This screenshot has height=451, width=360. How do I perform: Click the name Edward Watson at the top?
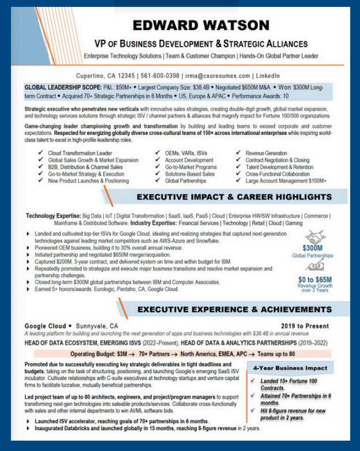click(201, 25)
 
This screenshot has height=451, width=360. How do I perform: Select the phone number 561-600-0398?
click(160, 75)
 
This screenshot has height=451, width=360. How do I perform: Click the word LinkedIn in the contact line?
click(268, 75)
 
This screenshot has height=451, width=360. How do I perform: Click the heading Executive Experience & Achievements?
click(234, 309)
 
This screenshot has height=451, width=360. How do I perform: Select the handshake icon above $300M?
click(312, 236)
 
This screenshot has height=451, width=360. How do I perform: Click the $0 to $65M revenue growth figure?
click(314, 279)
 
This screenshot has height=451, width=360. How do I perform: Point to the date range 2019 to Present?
click(305, 326)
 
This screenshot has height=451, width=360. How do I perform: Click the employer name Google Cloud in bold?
click(44, 326)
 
